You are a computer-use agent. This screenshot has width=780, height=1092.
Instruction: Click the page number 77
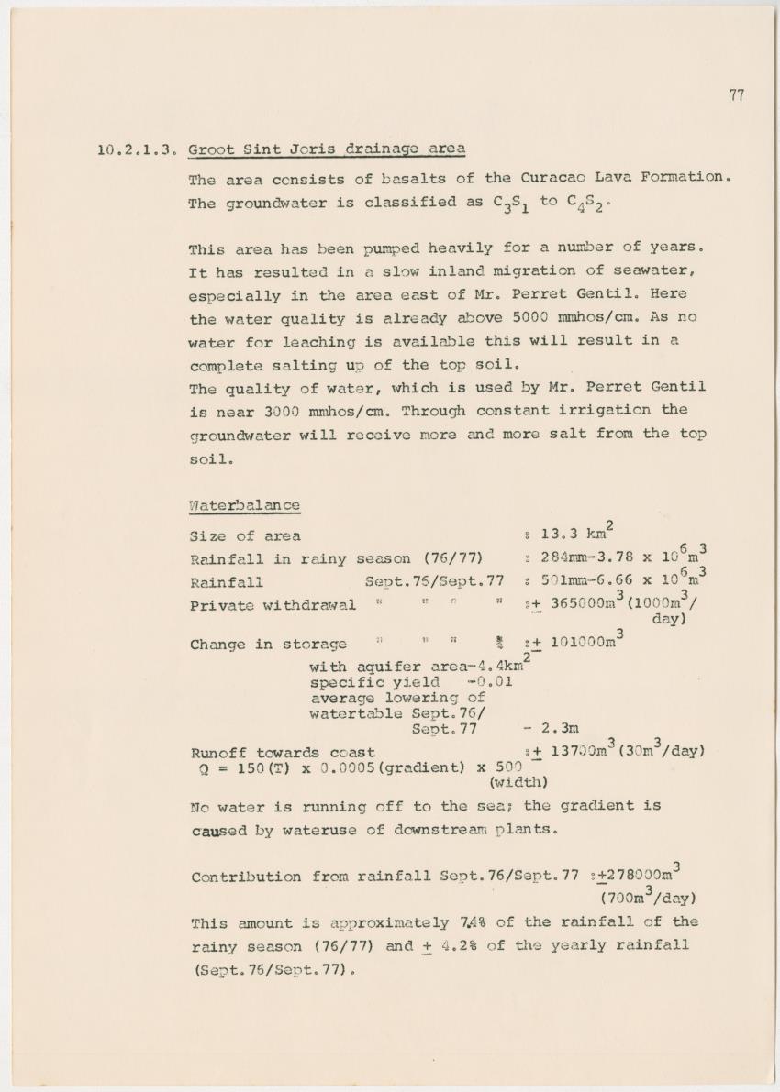737,95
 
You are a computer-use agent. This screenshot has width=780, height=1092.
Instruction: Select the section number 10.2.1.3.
137,150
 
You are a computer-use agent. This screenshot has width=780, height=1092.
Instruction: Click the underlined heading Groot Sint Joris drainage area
326,149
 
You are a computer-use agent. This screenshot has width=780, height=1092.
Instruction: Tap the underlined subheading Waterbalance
244,505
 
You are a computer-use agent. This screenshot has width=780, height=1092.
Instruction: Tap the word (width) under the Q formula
518,782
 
